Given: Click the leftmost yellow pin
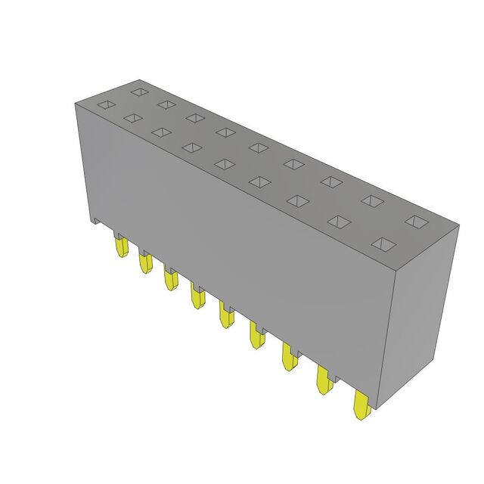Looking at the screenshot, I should coord(120,247).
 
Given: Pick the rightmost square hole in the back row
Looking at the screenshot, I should coord(414,221).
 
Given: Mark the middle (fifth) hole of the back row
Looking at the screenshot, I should coord(257,147).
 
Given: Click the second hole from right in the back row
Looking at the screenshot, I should coord(371,200).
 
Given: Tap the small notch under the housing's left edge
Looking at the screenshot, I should coord(97,222).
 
